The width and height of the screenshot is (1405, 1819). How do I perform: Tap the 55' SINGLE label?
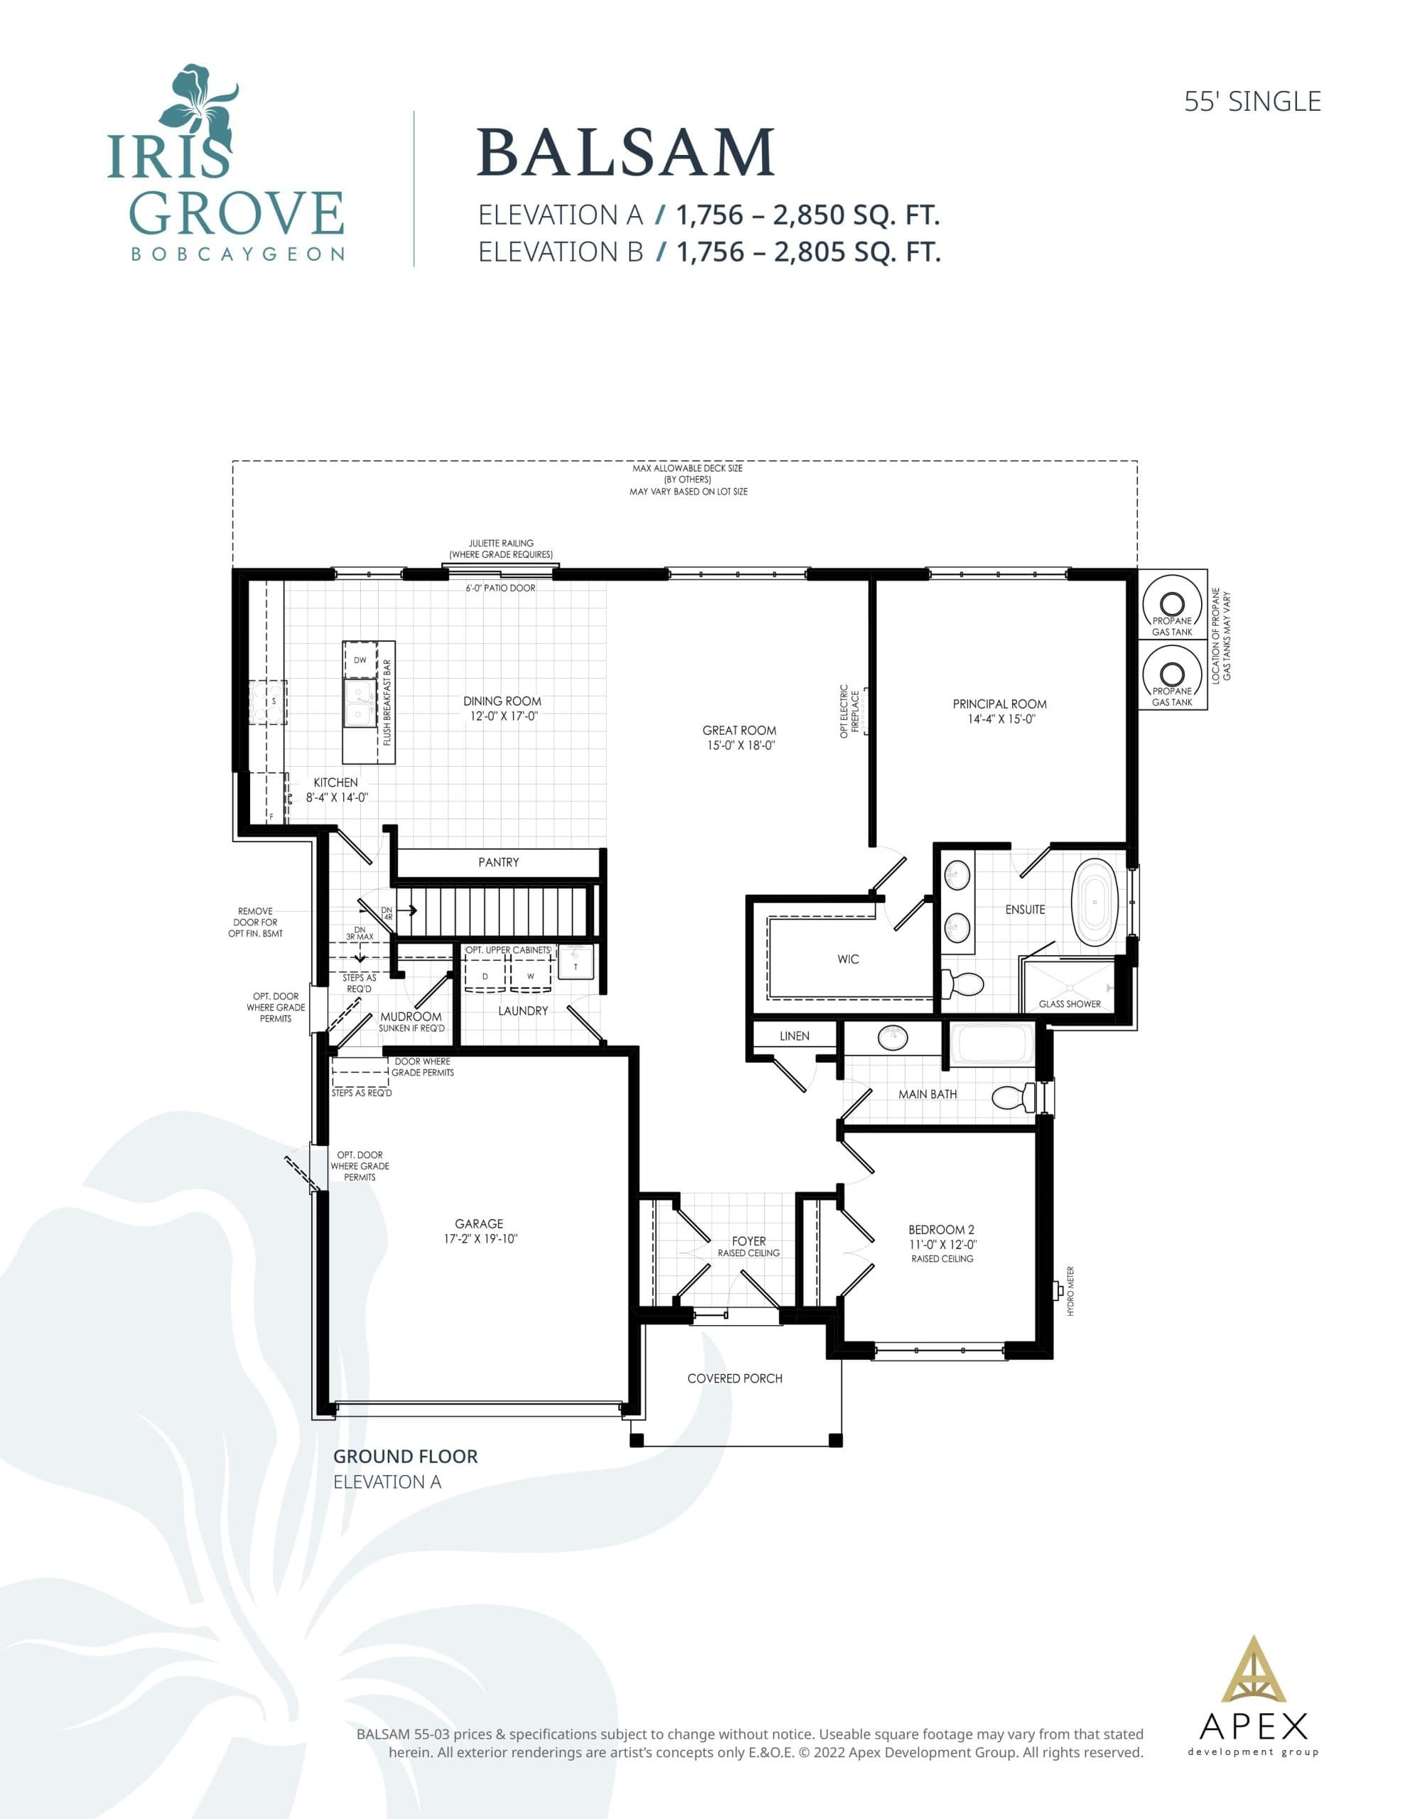(1252, 102)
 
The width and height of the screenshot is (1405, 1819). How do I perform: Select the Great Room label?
(739, 730)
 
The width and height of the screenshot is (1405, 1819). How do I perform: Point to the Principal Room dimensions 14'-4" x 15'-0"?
(1000, 719)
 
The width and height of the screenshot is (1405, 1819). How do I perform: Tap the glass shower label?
(1069, 1003)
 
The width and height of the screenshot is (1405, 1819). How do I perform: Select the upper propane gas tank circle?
(1172, 604)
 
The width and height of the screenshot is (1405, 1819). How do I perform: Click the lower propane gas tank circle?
(1172, 674)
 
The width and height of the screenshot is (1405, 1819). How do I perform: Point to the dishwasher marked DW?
(360, 659)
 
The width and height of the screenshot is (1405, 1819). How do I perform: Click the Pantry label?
(498, 862)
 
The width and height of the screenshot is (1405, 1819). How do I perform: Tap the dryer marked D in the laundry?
(484, 976)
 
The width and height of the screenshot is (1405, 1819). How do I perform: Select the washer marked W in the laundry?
(531, 976)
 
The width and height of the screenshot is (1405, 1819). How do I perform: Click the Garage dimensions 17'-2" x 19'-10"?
(479, 1238)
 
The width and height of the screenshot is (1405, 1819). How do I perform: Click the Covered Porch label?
(734, 1378)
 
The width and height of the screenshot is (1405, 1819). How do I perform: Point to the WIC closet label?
(848, 959)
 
